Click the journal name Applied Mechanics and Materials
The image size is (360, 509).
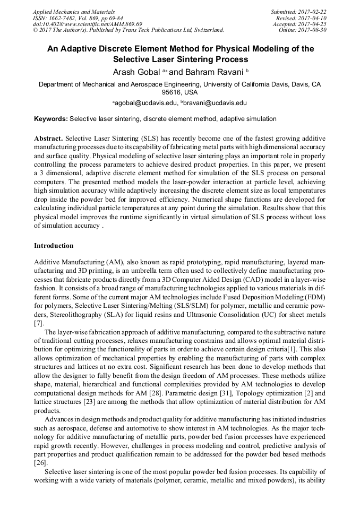tap(74, 12)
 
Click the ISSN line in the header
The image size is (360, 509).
tap(78, 18)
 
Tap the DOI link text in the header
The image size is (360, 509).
tap(88, 24)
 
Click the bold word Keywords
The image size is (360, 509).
tap(50, 119)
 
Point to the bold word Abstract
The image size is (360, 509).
tap(48, 137)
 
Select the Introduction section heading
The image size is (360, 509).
tap(54, 246)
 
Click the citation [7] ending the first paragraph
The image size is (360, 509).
tap(38, 323)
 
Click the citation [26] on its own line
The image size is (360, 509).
tap(40, 463)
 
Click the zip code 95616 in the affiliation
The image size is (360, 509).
tap(173, 92)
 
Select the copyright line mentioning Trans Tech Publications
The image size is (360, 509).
tap(128, 30)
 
